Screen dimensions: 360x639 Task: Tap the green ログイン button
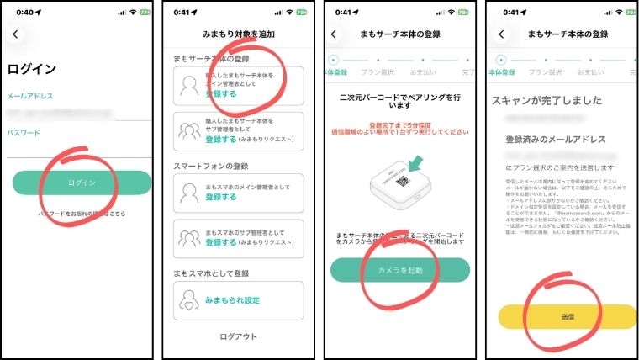(x=82, y=183)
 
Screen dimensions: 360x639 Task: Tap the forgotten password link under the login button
(x=82, y=214)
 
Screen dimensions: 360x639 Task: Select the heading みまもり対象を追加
(x=238, y=34)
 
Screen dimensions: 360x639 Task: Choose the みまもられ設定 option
(x=233, y=299)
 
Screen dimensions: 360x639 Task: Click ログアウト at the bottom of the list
(x=238, y=337)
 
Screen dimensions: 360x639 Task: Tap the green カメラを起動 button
(x=399, y=269)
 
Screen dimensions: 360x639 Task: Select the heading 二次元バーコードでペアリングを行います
(x=399, y=101)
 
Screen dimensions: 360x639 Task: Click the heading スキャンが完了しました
(x=547, y=100)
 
